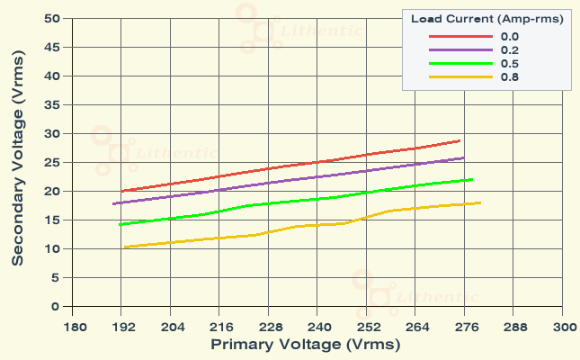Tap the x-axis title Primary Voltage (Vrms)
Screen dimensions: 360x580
pos(305,345)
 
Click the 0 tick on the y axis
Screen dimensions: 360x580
pos(55,307)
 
